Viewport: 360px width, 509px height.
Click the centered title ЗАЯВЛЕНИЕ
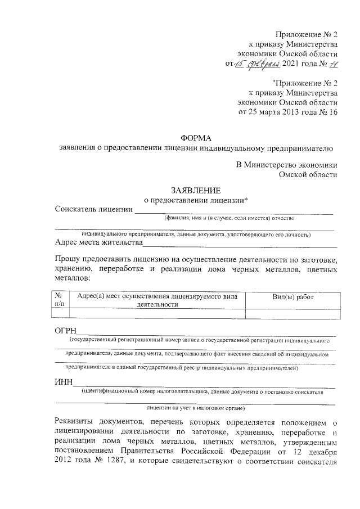(x=196, y=190)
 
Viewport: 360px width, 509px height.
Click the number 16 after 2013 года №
(x=332, y=112)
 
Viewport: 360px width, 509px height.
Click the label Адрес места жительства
(x=98, y=243)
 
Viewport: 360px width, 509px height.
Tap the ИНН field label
(x=64, y=384)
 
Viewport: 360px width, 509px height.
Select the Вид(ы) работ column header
(x=292, y=296)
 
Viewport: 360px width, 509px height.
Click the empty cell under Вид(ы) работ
(x=292, y=314)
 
